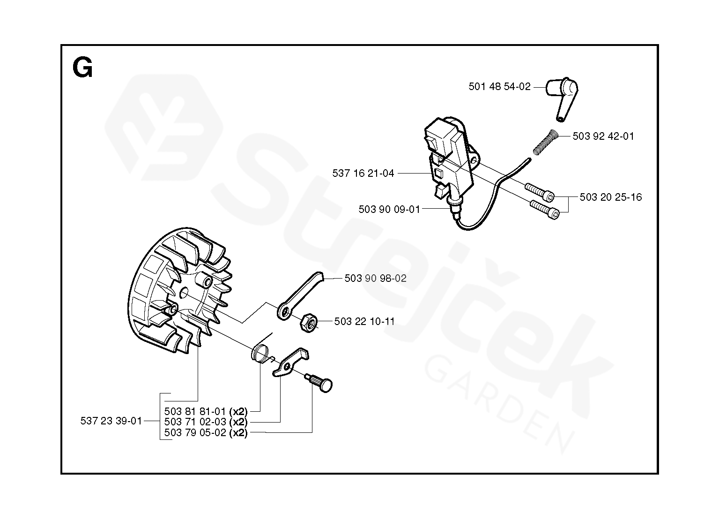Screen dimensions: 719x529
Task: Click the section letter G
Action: pyautogui.click(x=82, y=68)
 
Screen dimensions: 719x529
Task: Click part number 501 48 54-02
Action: pyautogui.click(x=499, y=87)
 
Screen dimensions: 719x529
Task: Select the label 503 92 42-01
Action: pyautogui.click(x=603, y=136)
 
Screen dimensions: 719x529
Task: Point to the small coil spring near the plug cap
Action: pyautogui.click(x=545, y=141)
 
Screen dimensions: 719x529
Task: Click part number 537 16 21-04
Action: pyautogui.click(x=363, y=174)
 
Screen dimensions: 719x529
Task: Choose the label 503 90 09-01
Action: pyautogui.click(x=389, y=209)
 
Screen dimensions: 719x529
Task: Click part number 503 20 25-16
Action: pyautogui.click(x=610, y=197)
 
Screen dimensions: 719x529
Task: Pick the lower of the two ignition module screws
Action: pyautogui.click(x=545, y=209)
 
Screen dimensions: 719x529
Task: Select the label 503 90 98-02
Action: pyautogui.click(x=375, y=279)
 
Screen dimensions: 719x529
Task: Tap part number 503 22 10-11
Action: pyautogui.click(x=364, y=322)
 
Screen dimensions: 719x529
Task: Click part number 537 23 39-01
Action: pyautogui.click(x=111, y=421)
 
